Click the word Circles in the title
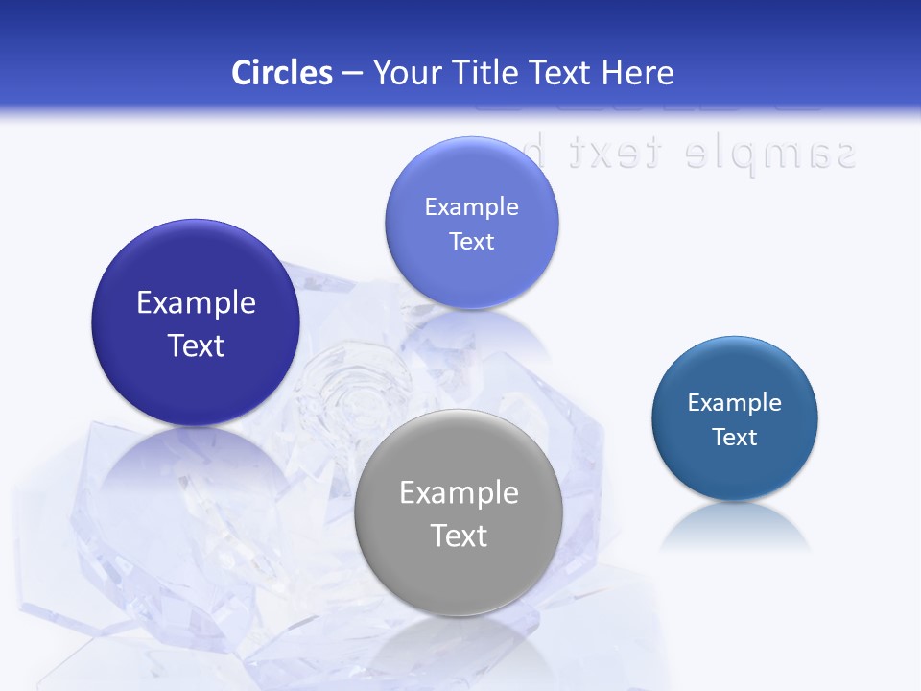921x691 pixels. coord(281,73)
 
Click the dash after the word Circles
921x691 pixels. coord(352,74)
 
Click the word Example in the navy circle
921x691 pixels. coord(196,303)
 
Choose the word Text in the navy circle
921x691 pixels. coord(196,345)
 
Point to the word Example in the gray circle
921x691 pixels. coord(459,493)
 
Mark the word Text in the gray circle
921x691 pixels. coord(459,536)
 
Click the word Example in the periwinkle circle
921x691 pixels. coord(471,206)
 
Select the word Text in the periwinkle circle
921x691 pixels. coord(471,241)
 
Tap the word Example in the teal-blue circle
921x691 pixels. coord(735,402)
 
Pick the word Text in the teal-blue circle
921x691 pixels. coord(735,437)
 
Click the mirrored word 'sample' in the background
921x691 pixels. coord(771,153)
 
